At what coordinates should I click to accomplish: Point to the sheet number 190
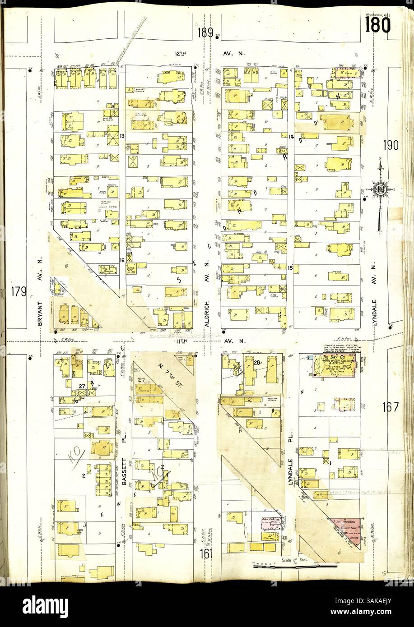391,146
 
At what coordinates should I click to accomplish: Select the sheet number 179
20,292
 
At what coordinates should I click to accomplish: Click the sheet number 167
390,407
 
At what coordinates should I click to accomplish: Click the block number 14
291,136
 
